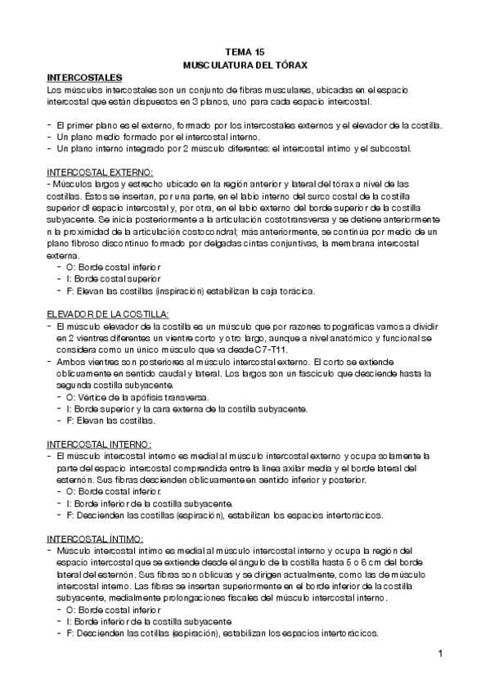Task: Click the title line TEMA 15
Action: (245, 51)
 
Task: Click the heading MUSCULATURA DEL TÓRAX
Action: (245, 64)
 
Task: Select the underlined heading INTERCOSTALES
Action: (85, 76)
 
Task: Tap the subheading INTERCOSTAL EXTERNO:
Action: (100, 173)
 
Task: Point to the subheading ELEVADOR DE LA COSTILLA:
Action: (107, 314)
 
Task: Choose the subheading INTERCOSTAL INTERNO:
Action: (99, 444)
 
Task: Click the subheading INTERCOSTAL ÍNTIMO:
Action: (96, 539)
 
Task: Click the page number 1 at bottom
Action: (440, 653)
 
